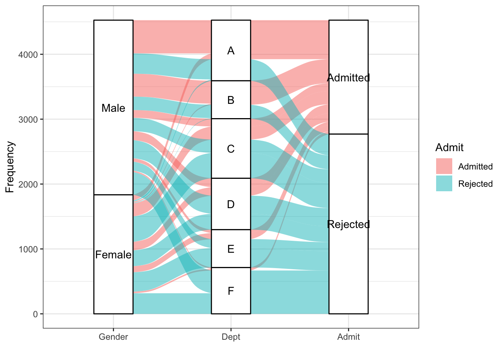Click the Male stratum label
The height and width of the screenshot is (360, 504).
(113, 108)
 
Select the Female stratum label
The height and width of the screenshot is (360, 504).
(113, 255)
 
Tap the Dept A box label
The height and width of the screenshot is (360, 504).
(231, 51)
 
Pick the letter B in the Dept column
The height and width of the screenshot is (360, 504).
(231, 100)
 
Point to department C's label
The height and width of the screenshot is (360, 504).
(231, 149)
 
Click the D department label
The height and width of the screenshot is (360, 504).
(231, 204)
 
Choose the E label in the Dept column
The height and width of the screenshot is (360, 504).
(231, 249)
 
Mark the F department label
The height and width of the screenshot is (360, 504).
(231, 291)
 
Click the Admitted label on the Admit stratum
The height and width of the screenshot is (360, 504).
(348, 78)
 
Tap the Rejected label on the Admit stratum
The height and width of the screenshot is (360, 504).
(348, 224)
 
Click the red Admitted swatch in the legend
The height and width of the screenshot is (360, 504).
(444, 166)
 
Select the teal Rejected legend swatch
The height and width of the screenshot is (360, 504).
(444, 183)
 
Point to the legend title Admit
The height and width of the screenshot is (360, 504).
(449, 147)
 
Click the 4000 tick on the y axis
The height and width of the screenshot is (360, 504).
(28, 55)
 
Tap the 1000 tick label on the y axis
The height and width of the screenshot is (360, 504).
(28, 249)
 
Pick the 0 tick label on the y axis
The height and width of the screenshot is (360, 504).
(35, 314)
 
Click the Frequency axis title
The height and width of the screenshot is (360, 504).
(10, 167)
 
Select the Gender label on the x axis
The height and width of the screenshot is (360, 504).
(113, 337)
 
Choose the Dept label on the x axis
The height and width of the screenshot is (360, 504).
(231, 337)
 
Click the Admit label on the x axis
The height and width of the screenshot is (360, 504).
(348, 337)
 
